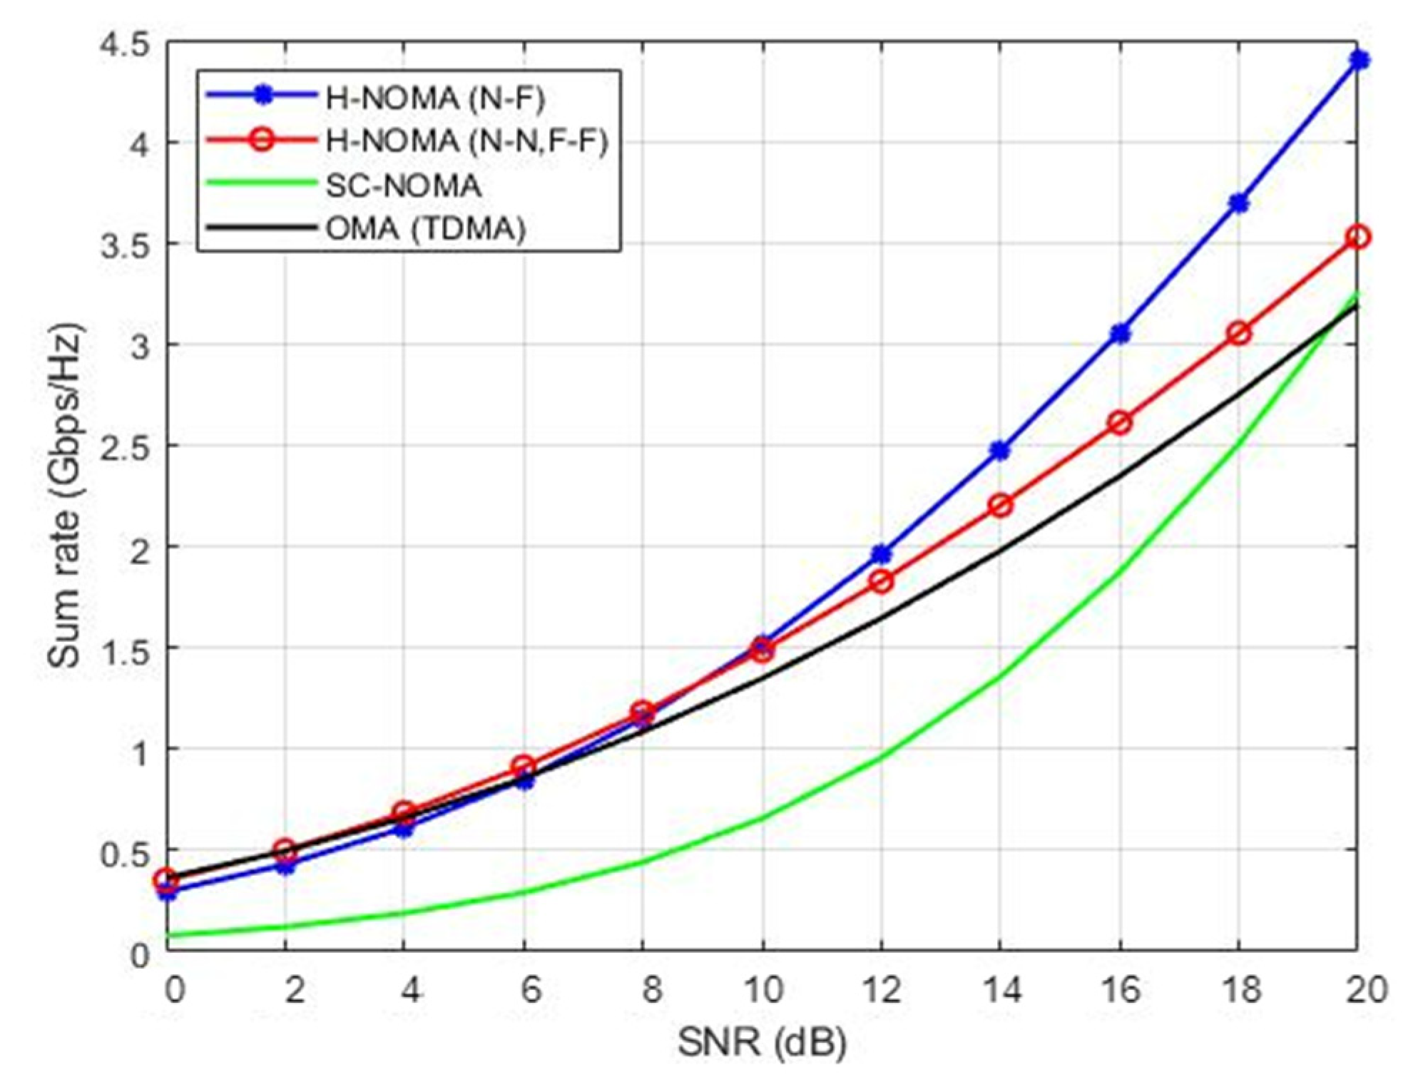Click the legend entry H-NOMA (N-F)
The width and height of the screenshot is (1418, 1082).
pos(434,98)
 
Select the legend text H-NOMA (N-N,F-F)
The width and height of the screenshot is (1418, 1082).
pos(466,141)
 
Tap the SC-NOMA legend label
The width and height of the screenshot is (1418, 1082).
pos(403,185)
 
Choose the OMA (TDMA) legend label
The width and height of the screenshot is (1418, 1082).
pos(426,229)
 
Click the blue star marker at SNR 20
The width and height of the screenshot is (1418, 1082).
pos(1360,61)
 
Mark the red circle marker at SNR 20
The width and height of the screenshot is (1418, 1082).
pos(1360,237)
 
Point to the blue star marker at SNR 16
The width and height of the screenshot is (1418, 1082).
pos(1121,333)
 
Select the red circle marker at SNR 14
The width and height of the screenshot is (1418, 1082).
pos(1001,506)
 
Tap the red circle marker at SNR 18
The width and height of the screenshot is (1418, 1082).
pos(1240,333)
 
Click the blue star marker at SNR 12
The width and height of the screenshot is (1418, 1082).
pos(882,553)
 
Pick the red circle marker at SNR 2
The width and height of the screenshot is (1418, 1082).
pos(285,849)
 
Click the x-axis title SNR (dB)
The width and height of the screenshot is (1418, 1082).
pos(762,1043)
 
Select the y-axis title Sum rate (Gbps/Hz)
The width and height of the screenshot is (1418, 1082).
pos(66,496)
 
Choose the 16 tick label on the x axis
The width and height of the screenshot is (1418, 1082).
pos(1121,990)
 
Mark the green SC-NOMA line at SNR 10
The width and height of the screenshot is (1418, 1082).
pos(762,817)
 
